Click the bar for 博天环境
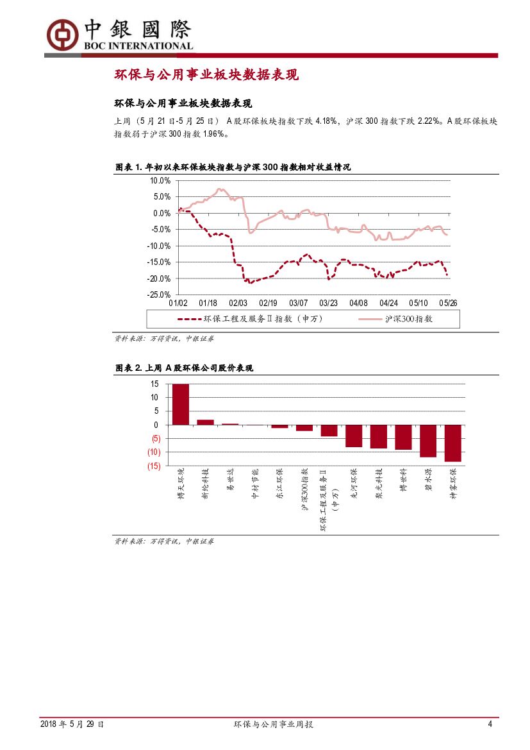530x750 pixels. [x=180, y=404]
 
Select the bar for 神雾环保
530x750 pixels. [x=452, y=443]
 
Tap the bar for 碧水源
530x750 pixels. [x=427, y=441]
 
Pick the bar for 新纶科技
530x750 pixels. [x=205, y=422]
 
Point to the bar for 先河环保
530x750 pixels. [x=354, y=436]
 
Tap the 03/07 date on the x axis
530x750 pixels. [x=299, y=303]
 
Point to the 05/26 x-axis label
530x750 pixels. [x=448, y=303]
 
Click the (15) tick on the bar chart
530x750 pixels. [x=154, y=466]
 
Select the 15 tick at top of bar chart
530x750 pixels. [x=154, y=384]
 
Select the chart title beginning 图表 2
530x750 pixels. [x=184, y=368]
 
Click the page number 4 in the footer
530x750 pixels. [x=490, y=724]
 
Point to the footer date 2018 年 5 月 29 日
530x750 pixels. [x=72, y=724]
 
